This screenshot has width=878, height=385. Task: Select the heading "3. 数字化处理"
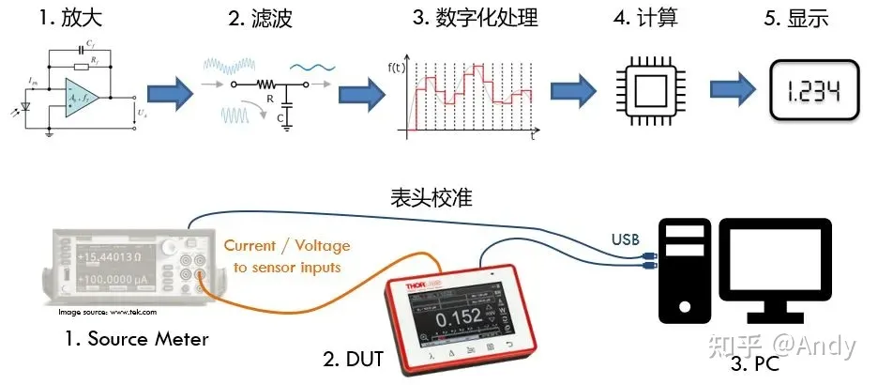(461, 18)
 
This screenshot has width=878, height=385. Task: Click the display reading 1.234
(812, 92)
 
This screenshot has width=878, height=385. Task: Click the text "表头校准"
(430, 199)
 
